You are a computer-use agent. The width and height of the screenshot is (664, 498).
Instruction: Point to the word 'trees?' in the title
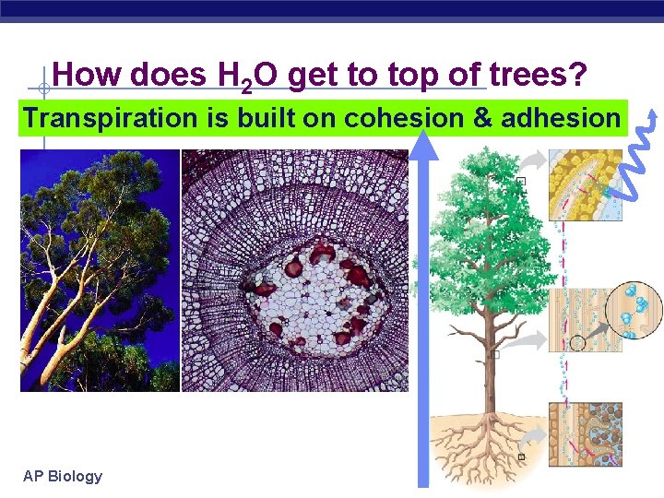click(x=538, y=75)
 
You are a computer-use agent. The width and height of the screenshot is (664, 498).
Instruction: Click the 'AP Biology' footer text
click(x=63, y=476)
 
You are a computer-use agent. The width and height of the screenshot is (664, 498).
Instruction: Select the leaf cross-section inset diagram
click(x=586, y=184)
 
